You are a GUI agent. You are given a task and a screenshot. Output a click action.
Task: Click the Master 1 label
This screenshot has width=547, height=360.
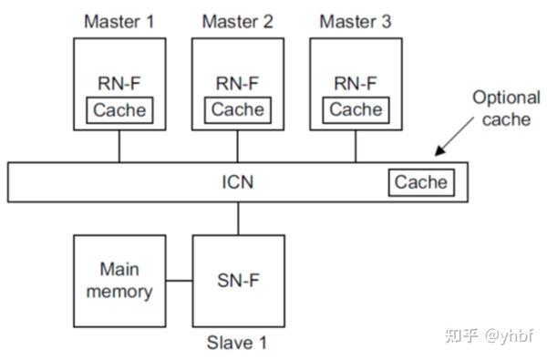tap(119, 20)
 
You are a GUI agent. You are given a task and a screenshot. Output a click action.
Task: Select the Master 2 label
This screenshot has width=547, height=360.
tap(237, 20)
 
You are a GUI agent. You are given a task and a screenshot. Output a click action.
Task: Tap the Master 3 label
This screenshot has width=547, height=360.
tap(356, 20)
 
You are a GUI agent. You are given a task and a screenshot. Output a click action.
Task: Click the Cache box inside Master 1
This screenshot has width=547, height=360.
tap(119, 110)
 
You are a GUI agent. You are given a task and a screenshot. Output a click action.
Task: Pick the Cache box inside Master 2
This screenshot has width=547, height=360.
tap(238, 110)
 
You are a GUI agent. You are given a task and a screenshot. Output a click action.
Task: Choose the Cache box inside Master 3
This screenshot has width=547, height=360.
tap(356, 110)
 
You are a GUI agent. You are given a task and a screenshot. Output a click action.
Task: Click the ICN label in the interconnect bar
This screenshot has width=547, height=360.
tap(238, 182)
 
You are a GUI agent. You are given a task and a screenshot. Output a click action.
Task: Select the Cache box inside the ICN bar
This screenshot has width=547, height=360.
tap(421, 182)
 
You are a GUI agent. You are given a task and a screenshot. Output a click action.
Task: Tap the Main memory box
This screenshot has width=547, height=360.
tap(119, 280)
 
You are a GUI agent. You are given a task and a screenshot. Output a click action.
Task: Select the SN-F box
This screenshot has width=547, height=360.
tap(238, 280)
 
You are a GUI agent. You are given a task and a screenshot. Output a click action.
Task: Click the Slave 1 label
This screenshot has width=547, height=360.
tap(237, 344)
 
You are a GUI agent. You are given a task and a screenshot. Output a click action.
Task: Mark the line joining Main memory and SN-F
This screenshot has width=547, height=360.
tap(179, 280)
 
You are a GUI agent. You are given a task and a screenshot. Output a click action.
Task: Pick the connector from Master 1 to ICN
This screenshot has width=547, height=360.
tap(119, 146)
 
